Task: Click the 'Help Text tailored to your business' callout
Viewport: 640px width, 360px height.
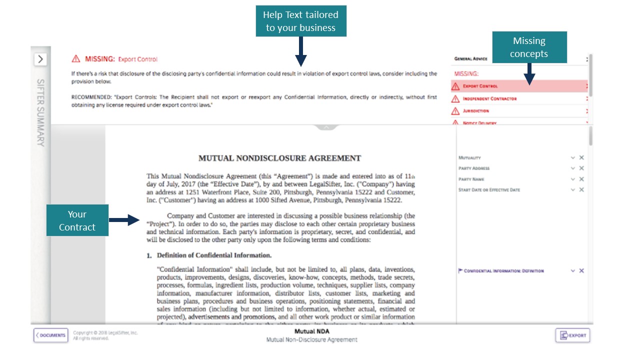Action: point(300,21)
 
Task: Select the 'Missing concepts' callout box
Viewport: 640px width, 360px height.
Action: point(529,47)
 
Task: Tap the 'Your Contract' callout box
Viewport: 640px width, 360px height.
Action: point(77,220)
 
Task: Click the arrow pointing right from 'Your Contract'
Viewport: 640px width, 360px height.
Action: point(124,220)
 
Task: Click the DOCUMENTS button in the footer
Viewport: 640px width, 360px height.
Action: point(50,335)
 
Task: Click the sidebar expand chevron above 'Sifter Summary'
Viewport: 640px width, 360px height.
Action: point(40,59)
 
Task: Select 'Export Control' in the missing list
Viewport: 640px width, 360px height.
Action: point(480,86)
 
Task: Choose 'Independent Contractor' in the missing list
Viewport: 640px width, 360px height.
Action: point(489,98)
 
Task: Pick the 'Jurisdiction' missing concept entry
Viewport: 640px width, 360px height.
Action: point(475,111)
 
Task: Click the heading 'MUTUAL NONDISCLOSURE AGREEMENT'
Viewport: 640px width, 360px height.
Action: point(279,158)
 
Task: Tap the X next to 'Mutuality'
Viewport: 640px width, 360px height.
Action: point(581,157)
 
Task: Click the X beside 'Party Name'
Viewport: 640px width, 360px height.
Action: point(581,179)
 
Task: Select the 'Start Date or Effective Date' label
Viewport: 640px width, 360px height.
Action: point(489,190)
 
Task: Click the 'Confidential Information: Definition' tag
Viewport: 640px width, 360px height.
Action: point(503,271)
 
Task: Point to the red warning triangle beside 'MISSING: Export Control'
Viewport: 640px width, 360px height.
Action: point(76,59)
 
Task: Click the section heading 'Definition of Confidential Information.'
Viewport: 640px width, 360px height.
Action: point(214,255)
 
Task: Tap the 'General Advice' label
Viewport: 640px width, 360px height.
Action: point(470,59)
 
